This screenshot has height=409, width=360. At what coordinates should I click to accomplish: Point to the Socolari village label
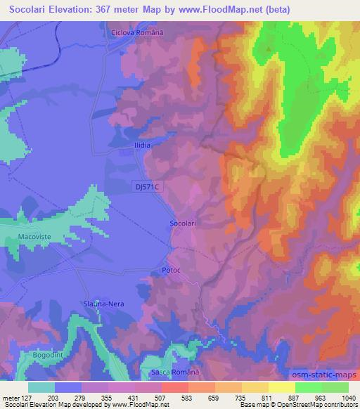[183, 223]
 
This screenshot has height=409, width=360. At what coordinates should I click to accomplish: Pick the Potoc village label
[172, 271]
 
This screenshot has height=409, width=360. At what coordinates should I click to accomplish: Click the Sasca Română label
[176, 371]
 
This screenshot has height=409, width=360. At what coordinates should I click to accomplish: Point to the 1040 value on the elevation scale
[341, 396]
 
